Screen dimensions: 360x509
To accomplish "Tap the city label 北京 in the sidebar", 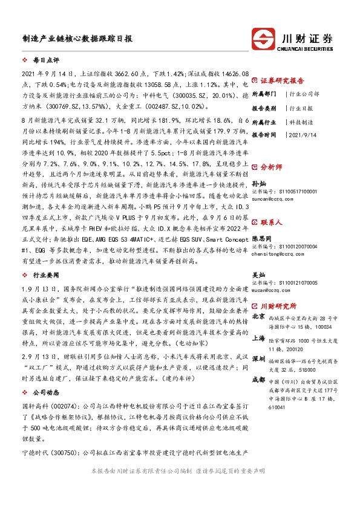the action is [258, 316].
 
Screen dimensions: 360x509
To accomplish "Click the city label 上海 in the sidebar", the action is [258, 340].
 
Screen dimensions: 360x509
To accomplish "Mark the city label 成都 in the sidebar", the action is [258, 380].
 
